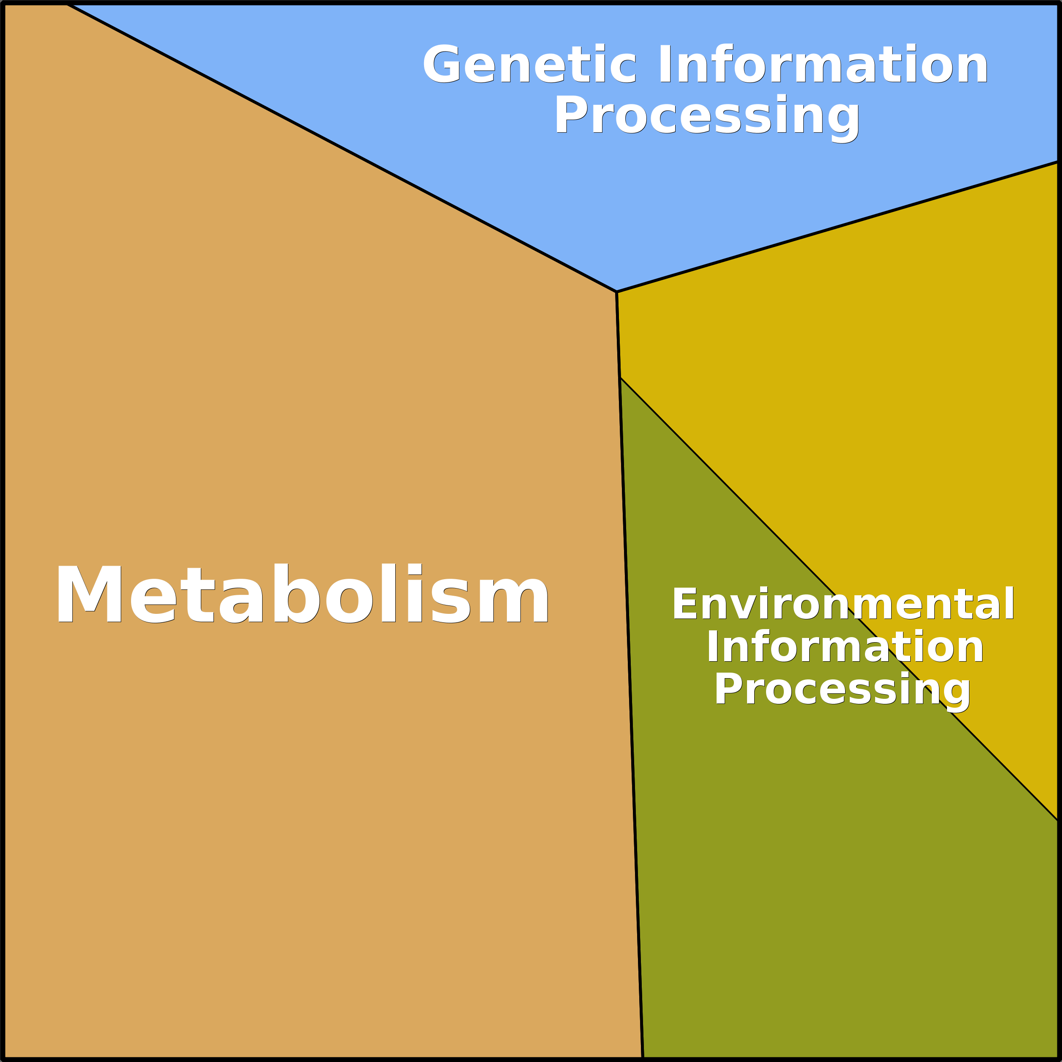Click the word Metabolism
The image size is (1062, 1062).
click(x=302, y=593)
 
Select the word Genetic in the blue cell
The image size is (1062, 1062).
click(x=529, y=64)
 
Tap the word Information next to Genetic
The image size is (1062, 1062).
click(x=822, y=64)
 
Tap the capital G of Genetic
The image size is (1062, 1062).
click(x=441, y=64)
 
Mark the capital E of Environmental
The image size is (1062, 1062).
click(x=684, y=604)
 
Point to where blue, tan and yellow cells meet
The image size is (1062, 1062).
click(x=616, y=291)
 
